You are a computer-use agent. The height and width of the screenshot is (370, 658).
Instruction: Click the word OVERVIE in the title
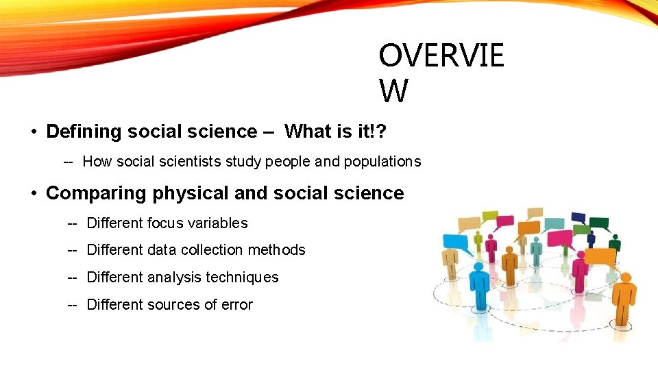point(441,56)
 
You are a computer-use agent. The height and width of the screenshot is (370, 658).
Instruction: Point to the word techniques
point(245,277)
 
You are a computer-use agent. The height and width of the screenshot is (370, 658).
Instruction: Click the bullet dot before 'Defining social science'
point(33,131)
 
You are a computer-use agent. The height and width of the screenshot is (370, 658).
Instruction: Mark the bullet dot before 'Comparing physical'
point(33,193)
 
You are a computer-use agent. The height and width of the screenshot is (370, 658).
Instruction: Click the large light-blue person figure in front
point(479,288)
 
